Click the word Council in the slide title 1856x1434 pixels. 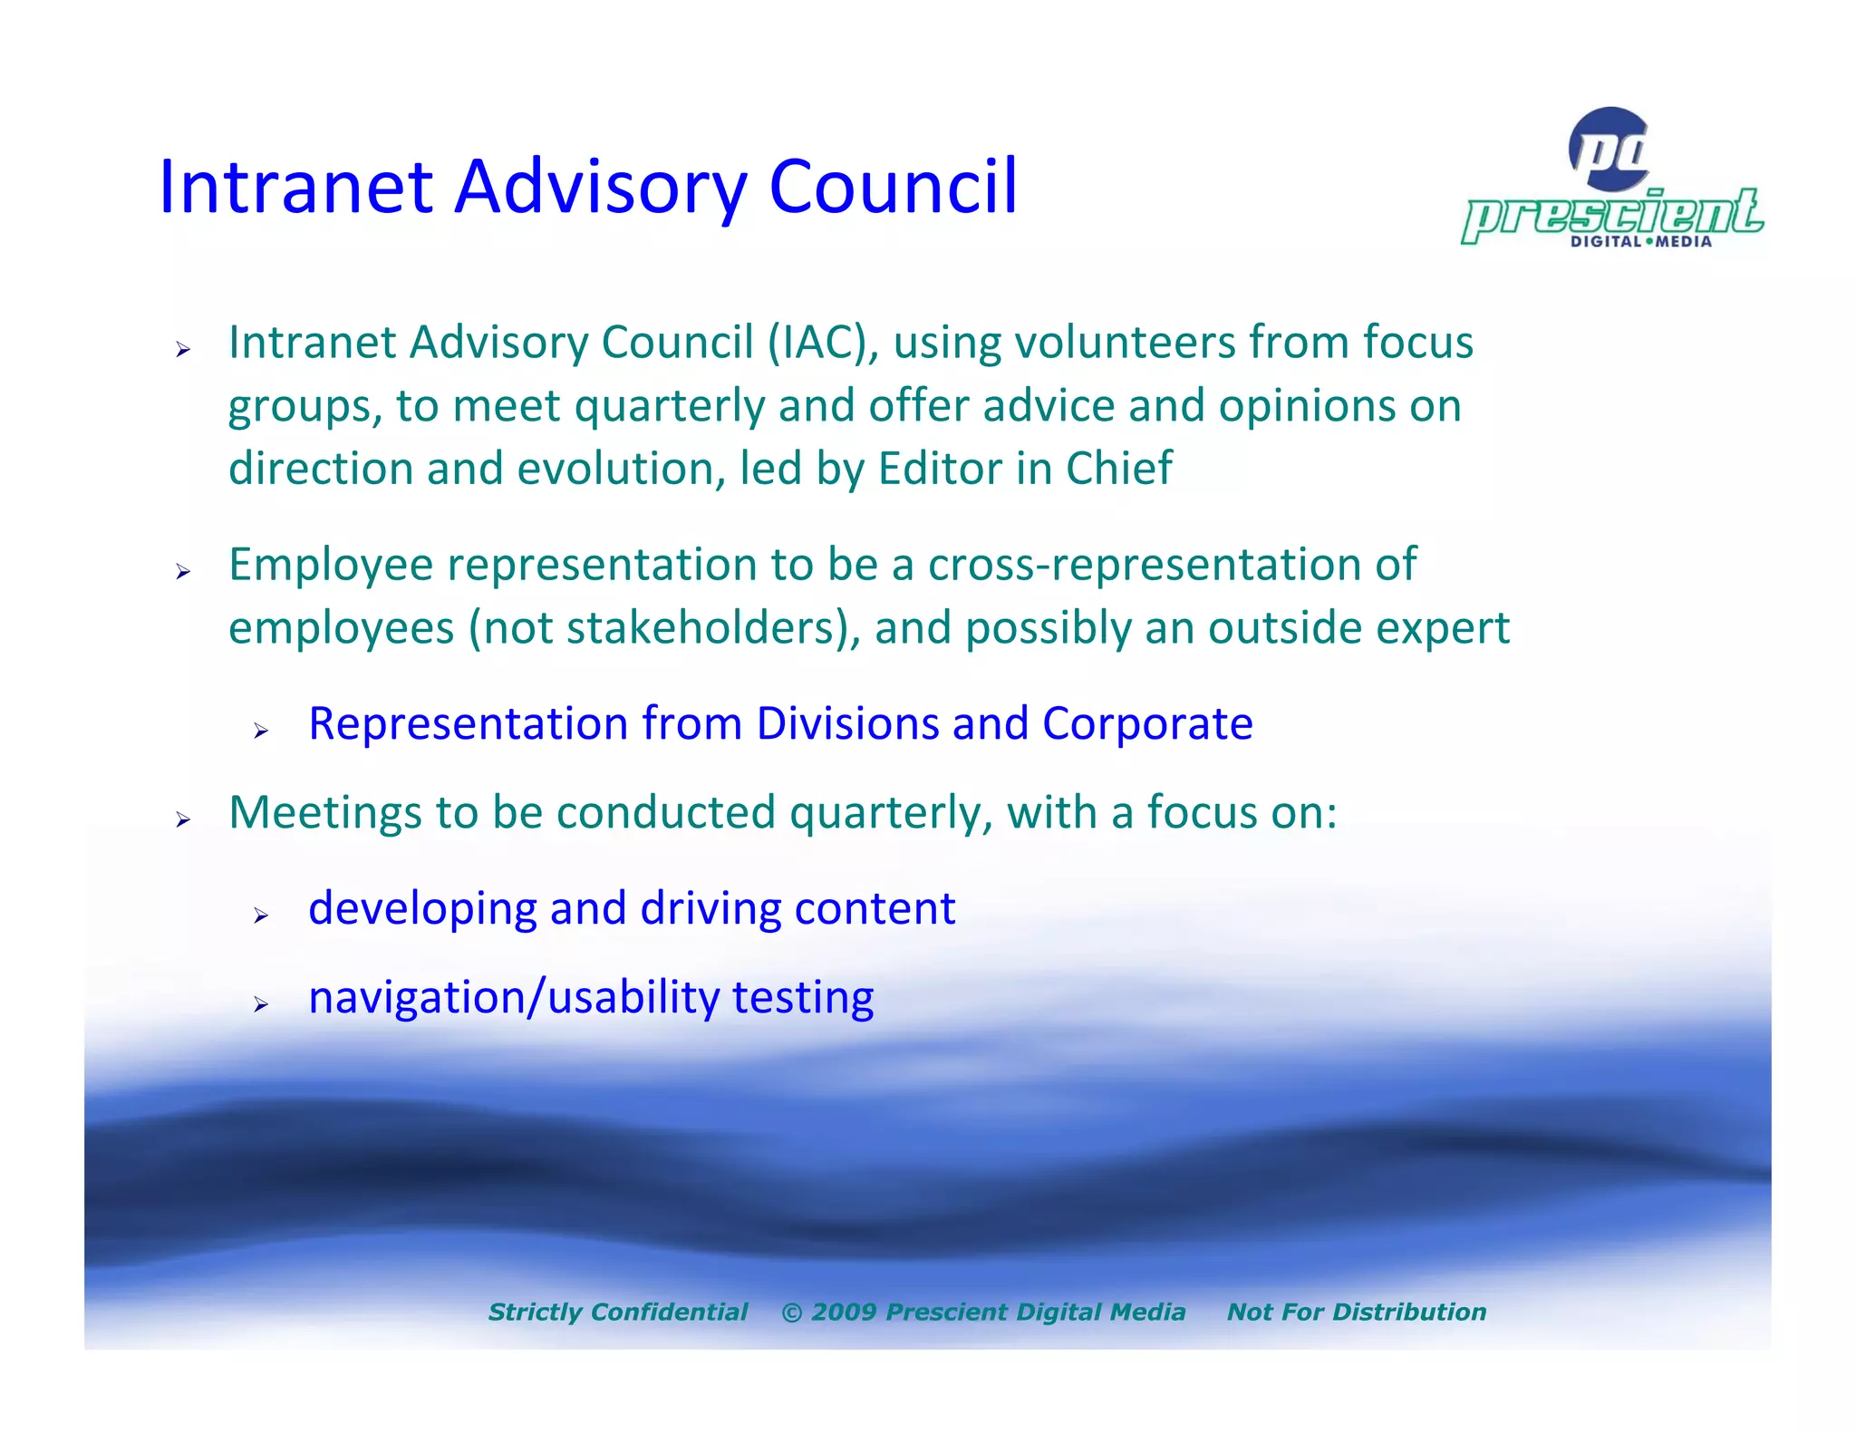tap(893, 187)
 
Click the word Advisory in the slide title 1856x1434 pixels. tap(600, 189)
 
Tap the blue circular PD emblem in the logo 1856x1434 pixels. tap(1609, 150)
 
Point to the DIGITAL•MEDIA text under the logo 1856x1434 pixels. tap(1640, 242)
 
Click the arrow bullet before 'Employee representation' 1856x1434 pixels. tap(183, 571)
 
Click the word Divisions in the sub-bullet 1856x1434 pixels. tap(847, 724)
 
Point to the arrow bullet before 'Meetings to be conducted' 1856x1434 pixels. tap(183, 819)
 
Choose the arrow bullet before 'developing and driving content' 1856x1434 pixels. tap(261, 916)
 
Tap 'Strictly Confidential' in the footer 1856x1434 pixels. tap(618, 1312)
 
